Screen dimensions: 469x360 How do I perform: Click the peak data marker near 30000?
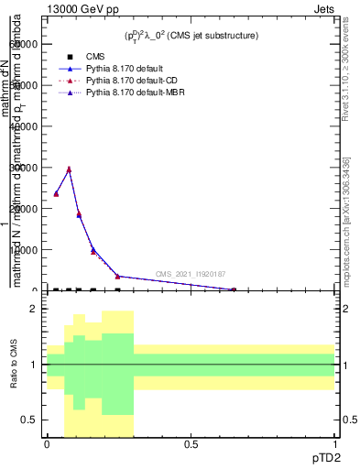point(68,169)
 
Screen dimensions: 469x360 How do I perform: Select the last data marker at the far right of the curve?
point(234,289)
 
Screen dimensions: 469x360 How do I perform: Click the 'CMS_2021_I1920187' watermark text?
point(190,274)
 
